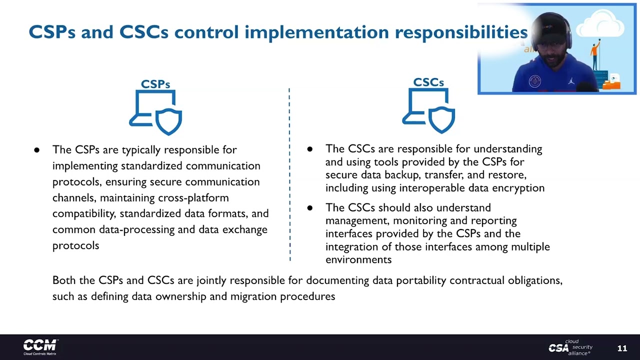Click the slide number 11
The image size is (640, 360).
(622, 348)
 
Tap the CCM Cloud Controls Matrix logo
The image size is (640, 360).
(40, 346)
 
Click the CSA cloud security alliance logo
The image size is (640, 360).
(570, 347)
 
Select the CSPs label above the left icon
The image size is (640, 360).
(155, 84)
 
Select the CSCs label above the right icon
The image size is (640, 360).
(428, 82)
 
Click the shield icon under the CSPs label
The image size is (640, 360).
(168, 120)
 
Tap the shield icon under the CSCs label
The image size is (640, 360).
(441, 118)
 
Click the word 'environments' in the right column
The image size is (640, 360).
(358, 259)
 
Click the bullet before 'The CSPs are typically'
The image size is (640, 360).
(36, 150)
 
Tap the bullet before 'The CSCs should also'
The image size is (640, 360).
(309, 207)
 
